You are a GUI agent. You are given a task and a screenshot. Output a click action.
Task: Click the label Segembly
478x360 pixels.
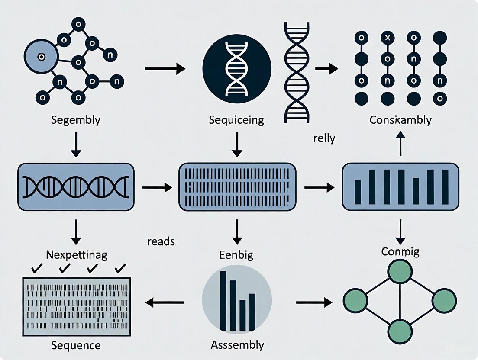coord(75,120)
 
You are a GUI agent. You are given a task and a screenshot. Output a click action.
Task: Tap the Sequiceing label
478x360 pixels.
coord(236,120)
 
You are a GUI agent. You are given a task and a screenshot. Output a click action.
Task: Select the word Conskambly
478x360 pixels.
coord(400,120)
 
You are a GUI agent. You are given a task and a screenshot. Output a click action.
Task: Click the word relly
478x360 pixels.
coord(323,139)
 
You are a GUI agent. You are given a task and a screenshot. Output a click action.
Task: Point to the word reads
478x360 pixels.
coord(161,241)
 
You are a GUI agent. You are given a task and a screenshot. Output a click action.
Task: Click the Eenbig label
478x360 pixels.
coord(236,255)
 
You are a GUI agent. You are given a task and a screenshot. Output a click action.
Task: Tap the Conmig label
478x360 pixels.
coord(400,252)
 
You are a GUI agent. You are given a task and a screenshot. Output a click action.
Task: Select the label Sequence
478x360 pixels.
coord(76,345)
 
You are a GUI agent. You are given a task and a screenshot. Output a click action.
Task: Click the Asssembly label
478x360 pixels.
coord(237,345)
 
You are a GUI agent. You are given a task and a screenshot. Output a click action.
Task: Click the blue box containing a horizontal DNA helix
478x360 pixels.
coord(75,187)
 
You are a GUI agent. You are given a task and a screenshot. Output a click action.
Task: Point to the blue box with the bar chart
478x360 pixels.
coord(400,186)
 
